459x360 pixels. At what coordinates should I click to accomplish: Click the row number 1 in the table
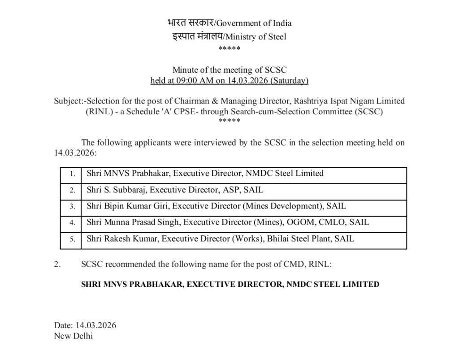coord(72,173)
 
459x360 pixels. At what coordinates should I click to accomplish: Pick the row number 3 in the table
coord(72,207)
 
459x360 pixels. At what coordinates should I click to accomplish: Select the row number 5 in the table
coord(72,239)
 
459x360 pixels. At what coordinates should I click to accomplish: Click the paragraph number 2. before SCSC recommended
coord(57,265)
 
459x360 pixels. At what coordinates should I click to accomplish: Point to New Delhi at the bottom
coord(74,336)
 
